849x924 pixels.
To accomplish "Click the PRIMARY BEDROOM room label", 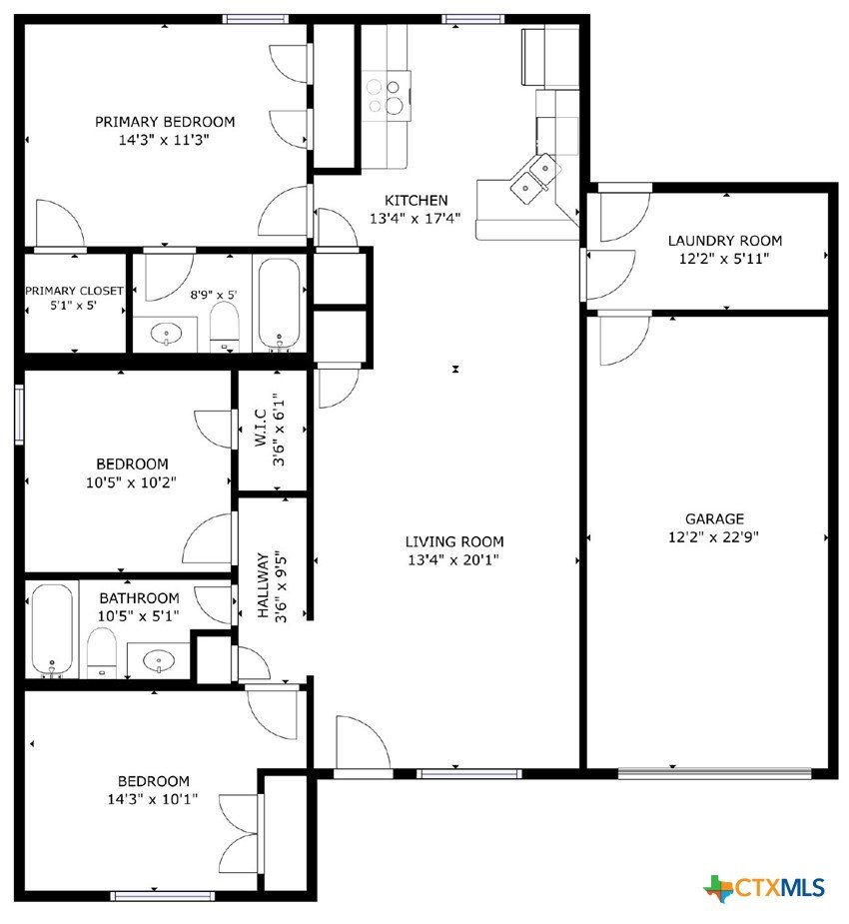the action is coord(165,122).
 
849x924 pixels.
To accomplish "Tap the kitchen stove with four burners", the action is coord(387,96).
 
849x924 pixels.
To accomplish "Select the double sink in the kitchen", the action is coord(532,179).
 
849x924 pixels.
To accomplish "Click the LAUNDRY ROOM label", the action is coord(725,241).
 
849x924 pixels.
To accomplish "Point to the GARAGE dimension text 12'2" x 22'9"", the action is coord(713,536).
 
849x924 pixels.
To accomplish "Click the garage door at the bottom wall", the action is coord(715,773).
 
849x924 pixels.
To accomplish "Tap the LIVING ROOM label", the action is coord(454,541).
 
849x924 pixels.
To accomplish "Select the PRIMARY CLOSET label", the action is coord(74,291).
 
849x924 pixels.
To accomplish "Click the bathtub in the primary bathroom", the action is coord(279,304).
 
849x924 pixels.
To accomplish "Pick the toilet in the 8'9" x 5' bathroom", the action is coord(225,327).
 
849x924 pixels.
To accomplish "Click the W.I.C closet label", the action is coord(262,428).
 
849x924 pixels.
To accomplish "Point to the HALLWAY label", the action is coord(264,585).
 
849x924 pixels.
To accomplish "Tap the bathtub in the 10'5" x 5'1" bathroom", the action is coord(52,630).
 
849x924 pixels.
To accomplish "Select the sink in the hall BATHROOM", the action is coord(159,660).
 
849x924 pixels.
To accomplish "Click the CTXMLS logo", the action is coord(764,888).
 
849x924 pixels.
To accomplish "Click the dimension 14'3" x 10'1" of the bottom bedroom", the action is coord(153,799).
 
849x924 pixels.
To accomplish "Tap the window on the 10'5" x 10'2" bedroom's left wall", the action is coord(19,414).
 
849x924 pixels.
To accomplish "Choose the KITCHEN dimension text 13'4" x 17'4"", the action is coord(416,218).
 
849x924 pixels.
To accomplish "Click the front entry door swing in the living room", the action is coord(363,743).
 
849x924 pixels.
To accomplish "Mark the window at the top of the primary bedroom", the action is coord(256,19).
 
